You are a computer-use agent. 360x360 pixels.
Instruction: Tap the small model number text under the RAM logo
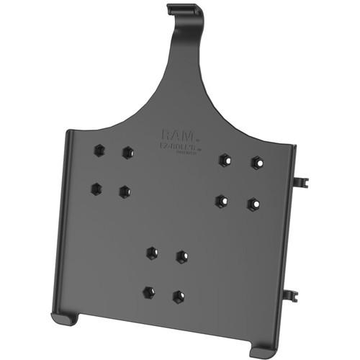click(x=176, y=146)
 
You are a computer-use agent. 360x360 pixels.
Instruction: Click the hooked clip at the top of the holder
click(x=180, y=11)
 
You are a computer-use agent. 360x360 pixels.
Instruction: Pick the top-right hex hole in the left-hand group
click(x=127, y=153)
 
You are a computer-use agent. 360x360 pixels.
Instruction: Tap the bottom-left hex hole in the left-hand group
click(x=96, y=189)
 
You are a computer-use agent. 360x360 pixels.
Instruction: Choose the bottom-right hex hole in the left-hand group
click(x=125, y=192)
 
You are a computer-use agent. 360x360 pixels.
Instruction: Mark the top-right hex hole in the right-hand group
click(x=256, y=163)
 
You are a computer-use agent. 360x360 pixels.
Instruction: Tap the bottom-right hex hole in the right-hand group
click(x=253, y=204)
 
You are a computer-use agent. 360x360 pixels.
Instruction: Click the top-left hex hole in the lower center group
click(x=152, y=253)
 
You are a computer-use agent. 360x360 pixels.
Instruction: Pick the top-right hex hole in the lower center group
click(x=181, y=256)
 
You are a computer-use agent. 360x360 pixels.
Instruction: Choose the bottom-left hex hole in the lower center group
click(x=148, y=292)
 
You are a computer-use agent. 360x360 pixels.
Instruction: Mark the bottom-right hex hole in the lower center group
click(x=178, y=296)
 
